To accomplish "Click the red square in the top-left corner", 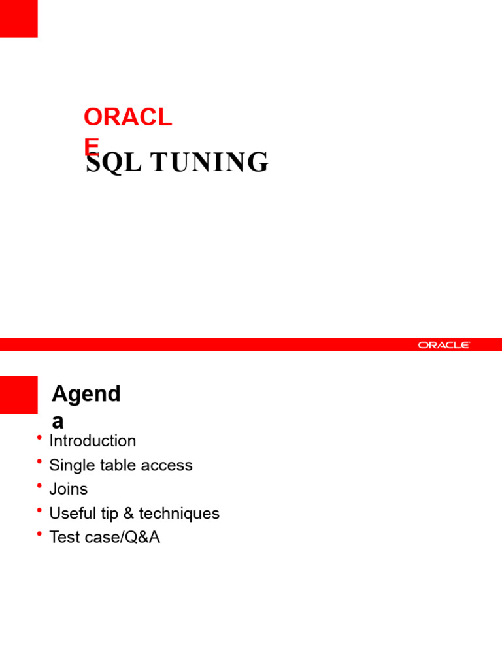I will [x=18, y=18].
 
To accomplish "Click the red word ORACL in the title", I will [x=127, y=118].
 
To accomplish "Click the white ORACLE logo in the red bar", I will [x=444, y=345].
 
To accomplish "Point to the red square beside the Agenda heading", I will [x=18, y=395].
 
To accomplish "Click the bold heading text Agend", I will [x=86, y=395].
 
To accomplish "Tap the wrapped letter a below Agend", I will [x=58, y=421].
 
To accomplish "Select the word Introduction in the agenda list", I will [x=93, y=441].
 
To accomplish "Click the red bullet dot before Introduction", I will [x=40, y=438].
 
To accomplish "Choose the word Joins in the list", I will [x=69, y=489].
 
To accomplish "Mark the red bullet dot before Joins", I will [x=40, y=486].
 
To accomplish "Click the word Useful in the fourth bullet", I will [x=70, y=514].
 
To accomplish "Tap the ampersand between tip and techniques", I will [x=128, y=514].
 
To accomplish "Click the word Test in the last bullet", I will [x=62, y=538].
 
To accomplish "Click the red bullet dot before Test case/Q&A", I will [x=40, y=534].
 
